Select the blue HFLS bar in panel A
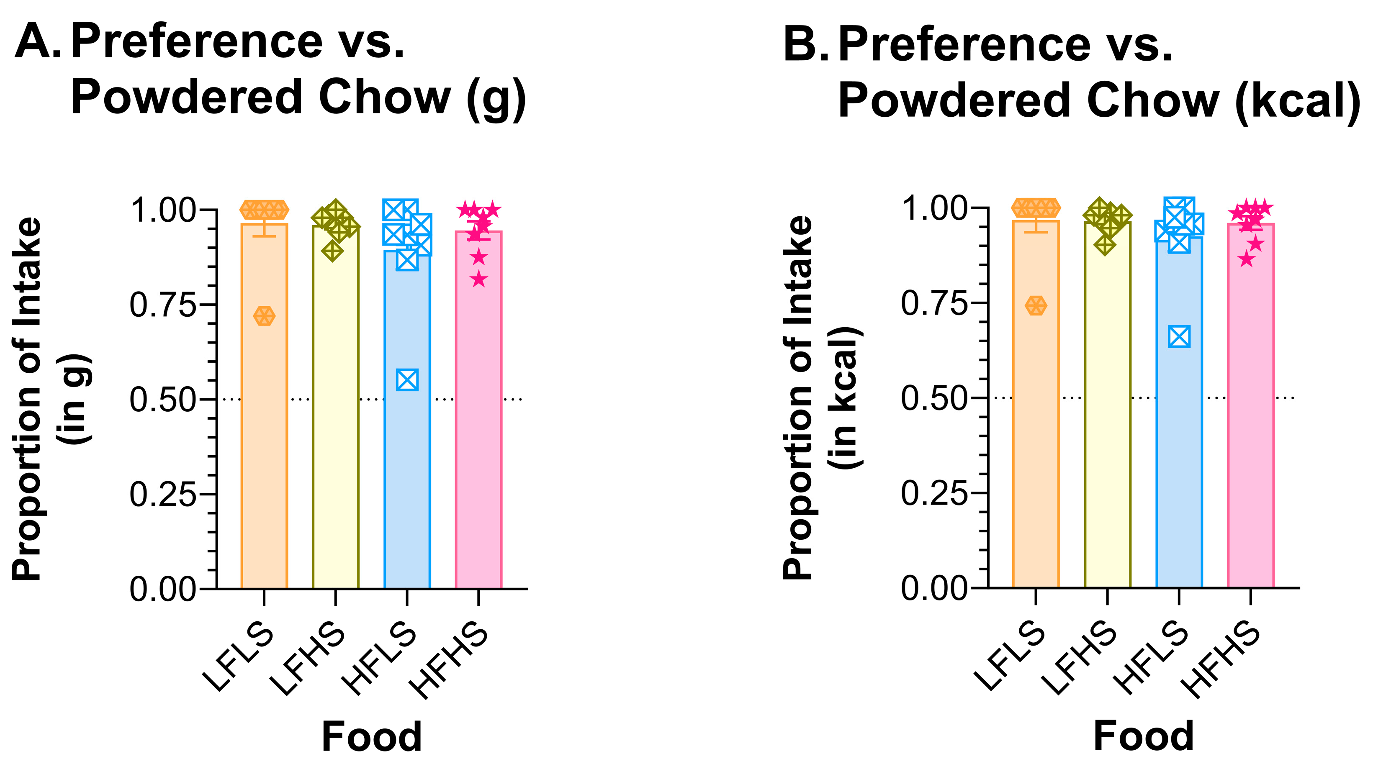(407, 479)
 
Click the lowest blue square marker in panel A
(407, 380)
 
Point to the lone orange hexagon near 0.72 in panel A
(265, 316)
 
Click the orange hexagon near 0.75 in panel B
(1036, 306)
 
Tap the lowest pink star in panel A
(478, 279)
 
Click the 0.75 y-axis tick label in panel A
(163, 305)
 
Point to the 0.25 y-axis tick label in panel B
(934, 494)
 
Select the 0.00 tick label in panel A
(163, 590)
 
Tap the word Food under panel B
(1143, 736)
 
